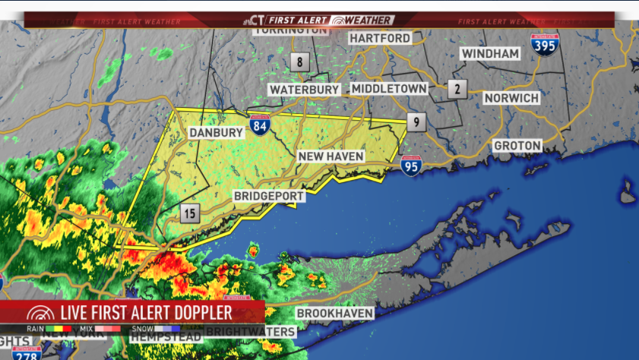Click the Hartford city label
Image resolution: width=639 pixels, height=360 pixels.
tap(380, 38)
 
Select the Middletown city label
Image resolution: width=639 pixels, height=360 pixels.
tap(389, 89)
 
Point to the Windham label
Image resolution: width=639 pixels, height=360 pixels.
tap(490, 54)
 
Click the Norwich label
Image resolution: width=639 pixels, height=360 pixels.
tap(512, 98)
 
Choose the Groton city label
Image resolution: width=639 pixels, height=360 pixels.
tap(517, 145)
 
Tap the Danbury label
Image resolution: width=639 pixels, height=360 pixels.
tap(217, 133)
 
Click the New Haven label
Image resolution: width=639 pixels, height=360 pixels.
tap(331, 156)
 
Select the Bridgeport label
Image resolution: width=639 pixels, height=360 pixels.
tap(269, 197)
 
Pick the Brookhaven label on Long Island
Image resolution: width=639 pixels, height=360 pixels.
tap(335, 313)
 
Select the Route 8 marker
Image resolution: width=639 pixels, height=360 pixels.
tap(300, 62)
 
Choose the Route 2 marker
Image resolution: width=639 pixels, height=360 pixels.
tap(457, 89)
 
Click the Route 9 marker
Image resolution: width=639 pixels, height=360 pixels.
tap(415, 122)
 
